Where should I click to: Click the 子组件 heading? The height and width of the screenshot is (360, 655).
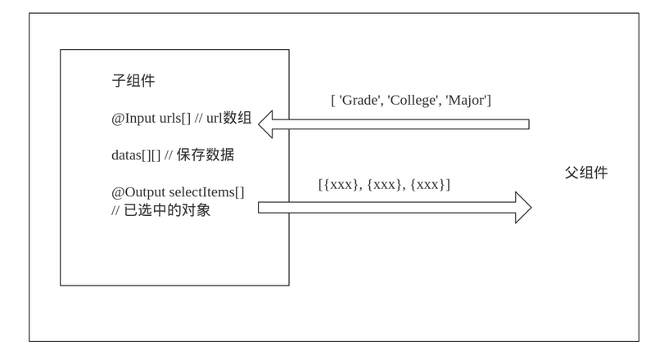tap(133, 81)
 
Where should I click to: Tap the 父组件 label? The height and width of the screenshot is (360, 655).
tap(586, 173)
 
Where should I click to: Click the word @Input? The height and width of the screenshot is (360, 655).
tap(133, 118)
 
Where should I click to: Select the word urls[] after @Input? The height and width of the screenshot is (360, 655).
tap(175, 118)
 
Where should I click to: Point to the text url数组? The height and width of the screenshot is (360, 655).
tap(229, 118)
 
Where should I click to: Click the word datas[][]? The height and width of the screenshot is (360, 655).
tap(136, 155)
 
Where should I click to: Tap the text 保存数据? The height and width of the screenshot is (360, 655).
tap(206, 155)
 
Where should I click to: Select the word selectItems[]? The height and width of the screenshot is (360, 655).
tap(207, 192)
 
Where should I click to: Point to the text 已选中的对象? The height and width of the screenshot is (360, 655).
tap(167, 210)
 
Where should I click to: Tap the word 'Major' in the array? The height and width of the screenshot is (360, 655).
tap(466, 101)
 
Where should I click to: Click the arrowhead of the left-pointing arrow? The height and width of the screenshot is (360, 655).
tap(267, 124)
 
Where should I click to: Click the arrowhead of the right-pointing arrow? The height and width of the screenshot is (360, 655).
tap(522, 207)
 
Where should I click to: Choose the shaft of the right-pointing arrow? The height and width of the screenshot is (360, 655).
tap(385, 207)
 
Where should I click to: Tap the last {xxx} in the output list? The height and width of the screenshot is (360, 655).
tap(430, 185)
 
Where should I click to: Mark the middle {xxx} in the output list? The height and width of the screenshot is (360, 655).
tap(386, 185)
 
